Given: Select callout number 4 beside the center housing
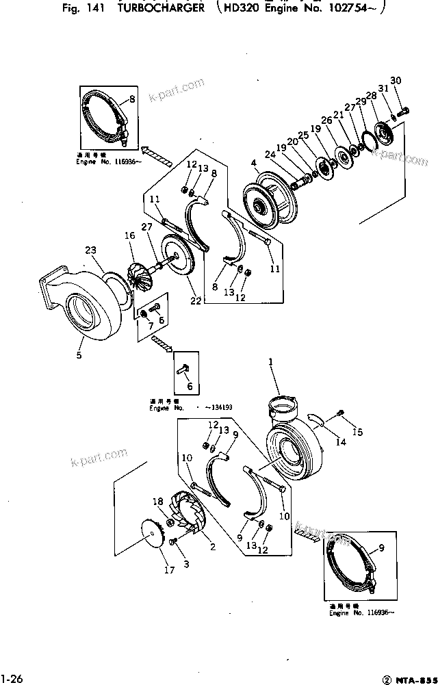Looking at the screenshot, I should point(253,163).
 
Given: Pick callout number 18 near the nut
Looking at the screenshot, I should point(156,502).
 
